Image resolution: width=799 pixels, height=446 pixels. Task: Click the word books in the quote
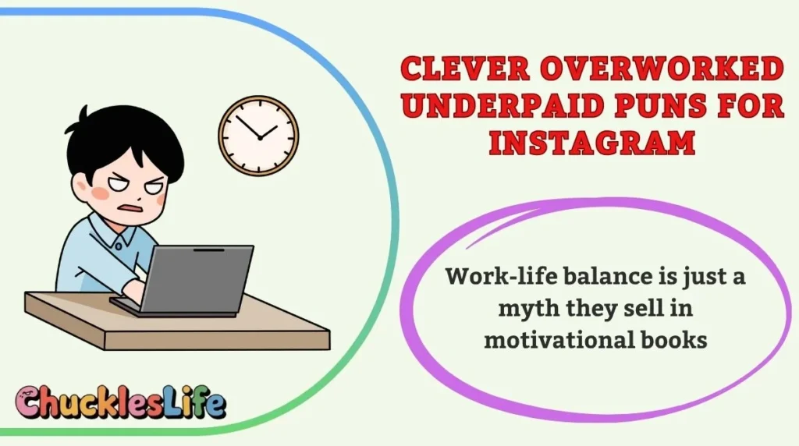coord(669,340)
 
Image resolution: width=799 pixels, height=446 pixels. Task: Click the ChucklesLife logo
coord(121,403)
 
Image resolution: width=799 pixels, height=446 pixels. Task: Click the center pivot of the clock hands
coord(258,136)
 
